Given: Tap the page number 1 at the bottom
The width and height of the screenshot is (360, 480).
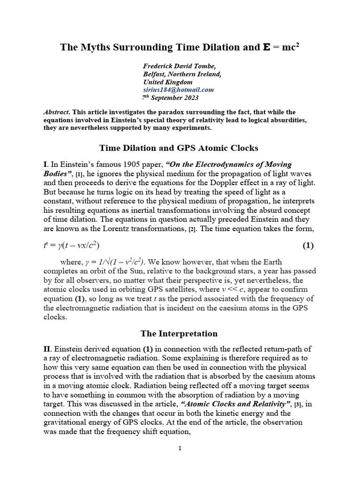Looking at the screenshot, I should tap(180, 448).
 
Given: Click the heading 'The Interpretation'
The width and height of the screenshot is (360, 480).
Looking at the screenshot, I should tap(179, 334).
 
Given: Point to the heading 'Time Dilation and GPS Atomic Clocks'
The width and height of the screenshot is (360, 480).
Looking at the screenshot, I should tap(179, 148).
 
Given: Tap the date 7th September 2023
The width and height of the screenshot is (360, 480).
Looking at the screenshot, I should tap(170, 97).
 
